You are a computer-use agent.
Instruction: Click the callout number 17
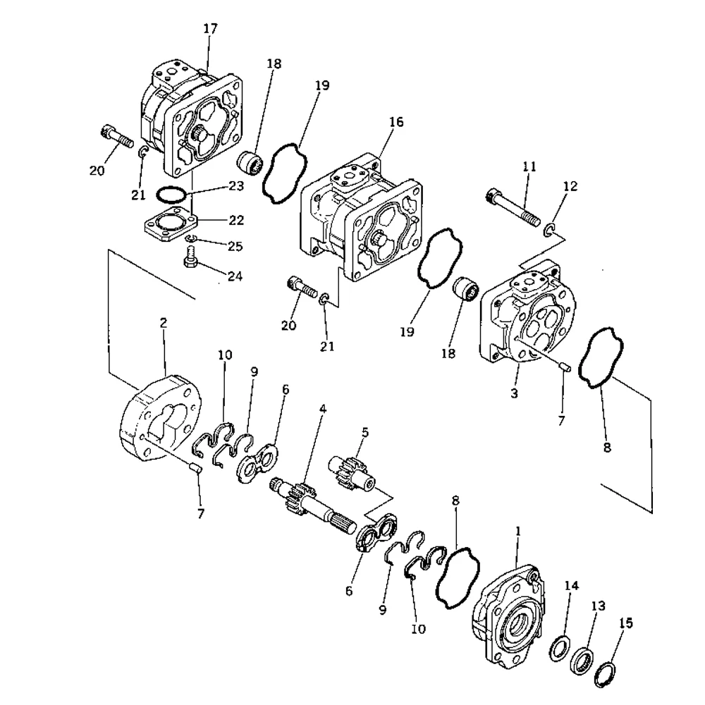(209, 29)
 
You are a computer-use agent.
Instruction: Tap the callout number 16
(396, 123)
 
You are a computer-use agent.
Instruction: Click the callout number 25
(235, 247)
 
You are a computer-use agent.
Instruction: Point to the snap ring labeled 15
(604, 675)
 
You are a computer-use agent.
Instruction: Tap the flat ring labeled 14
(558, 646)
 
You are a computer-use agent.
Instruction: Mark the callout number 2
(164, 323)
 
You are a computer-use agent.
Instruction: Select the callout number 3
(514, 393)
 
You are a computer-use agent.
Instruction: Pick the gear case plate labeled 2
(159, 419)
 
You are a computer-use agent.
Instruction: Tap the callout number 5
(365, 431)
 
